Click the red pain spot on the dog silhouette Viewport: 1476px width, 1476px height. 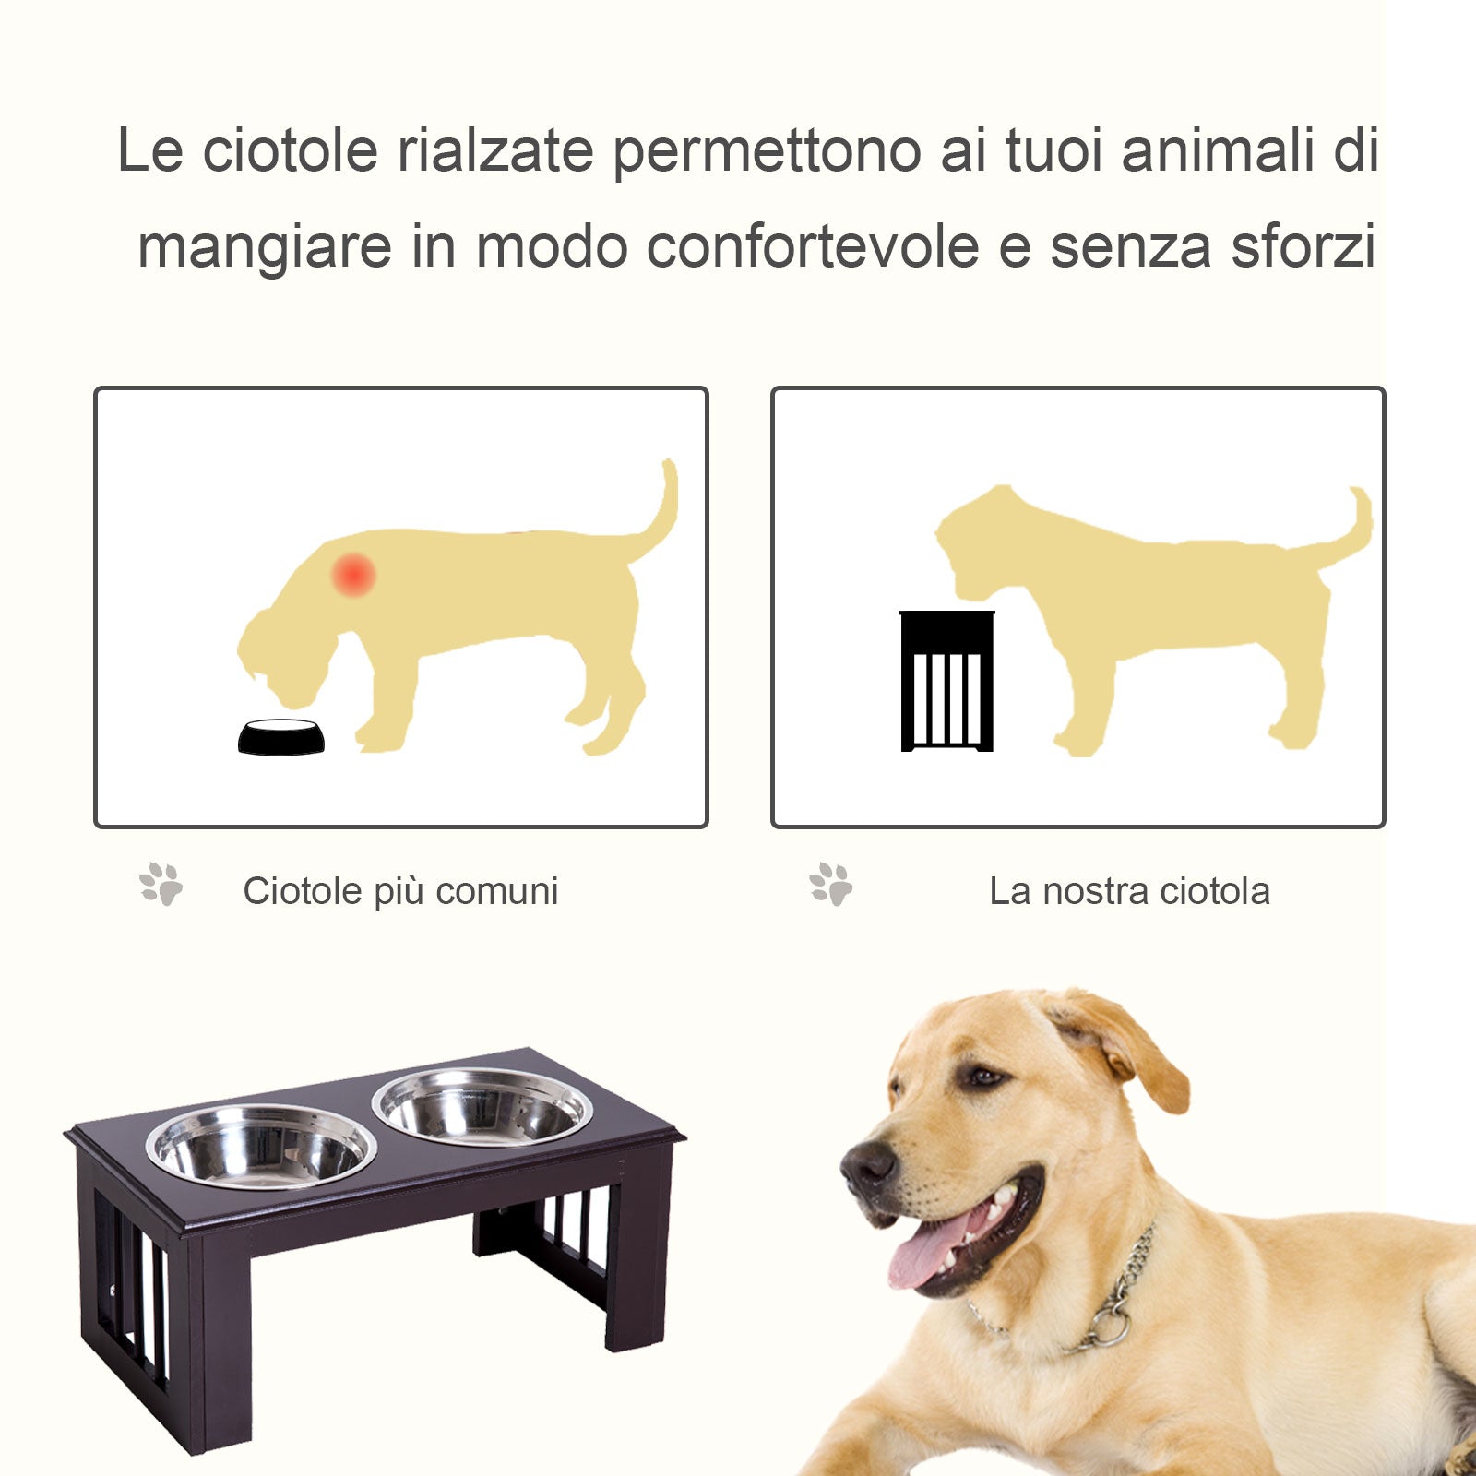(353, 575)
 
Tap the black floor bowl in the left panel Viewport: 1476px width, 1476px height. (281, 737)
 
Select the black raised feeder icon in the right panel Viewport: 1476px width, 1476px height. (946, 682)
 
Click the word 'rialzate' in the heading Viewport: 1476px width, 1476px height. (494, 150)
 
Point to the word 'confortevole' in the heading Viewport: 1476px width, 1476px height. (812, 246)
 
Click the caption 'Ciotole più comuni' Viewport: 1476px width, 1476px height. (400, 891)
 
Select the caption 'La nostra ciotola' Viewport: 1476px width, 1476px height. (1129, 891)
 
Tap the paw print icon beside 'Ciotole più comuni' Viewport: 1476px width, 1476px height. (161, 884)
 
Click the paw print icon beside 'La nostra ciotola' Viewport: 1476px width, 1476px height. (831, 884)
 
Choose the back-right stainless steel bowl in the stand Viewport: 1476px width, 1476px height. (482, 1106)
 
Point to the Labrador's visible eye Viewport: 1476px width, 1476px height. (983, 1077)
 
